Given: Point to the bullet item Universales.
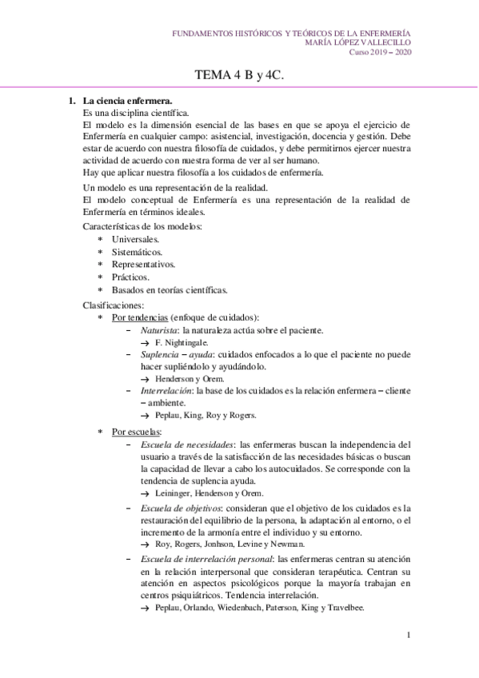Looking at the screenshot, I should click(x=135, y=239).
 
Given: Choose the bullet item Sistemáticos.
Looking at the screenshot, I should click(x=138, y=252).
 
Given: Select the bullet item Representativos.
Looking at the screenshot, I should click(x=144, y=264).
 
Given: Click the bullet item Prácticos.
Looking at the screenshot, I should click(x=130, y=277).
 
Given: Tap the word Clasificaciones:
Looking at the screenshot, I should click(x=114, y=305).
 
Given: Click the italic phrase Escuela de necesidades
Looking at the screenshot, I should click(x=187, y=444).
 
